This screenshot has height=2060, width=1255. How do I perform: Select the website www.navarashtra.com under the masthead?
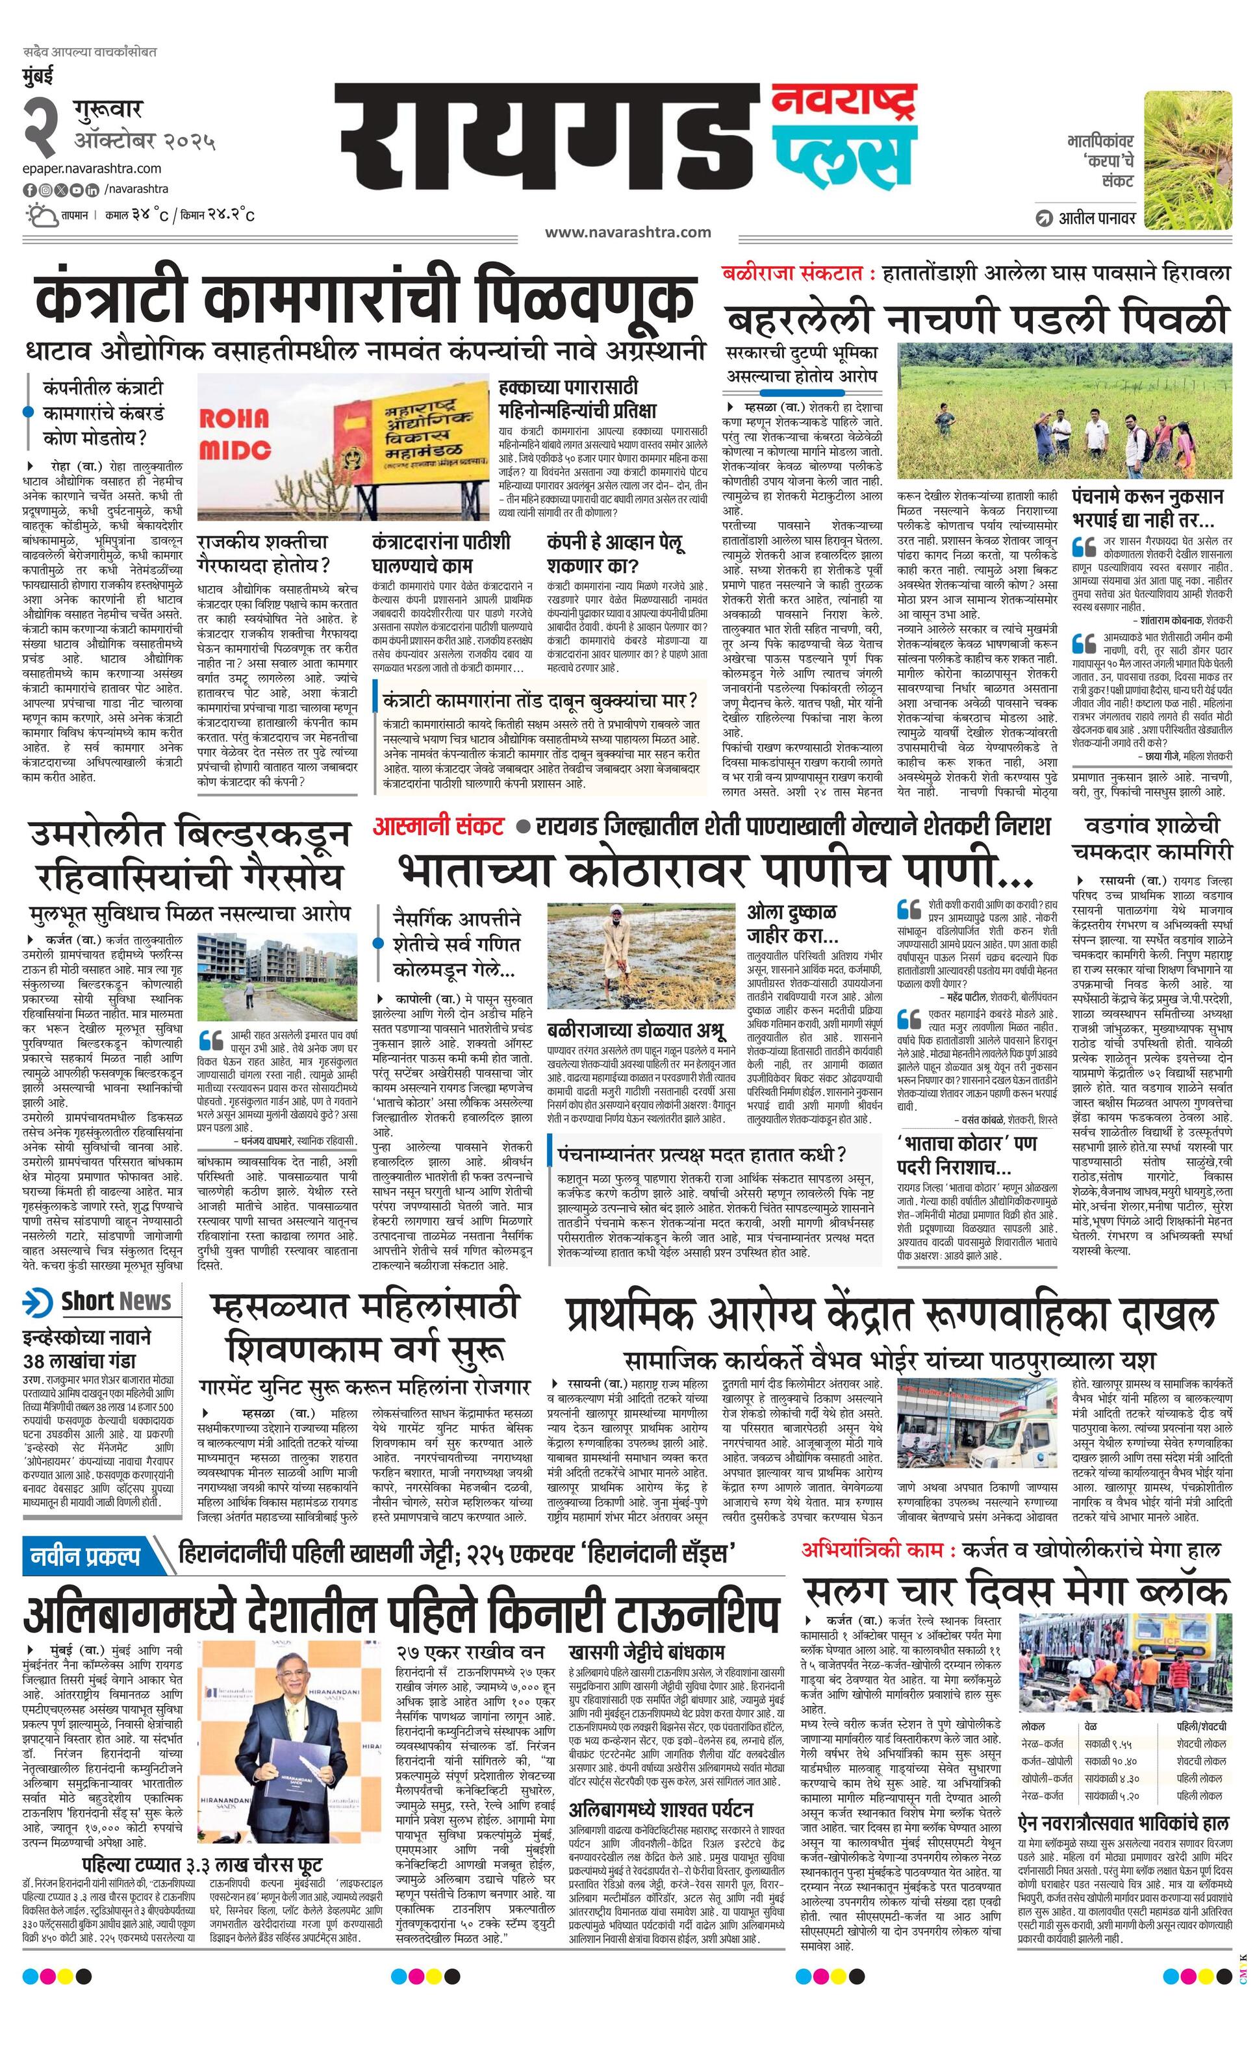coord(627,232)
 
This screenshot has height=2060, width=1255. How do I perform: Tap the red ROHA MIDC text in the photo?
coord(234,434)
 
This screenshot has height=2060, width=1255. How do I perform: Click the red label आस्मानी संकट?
coord(439,827)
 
